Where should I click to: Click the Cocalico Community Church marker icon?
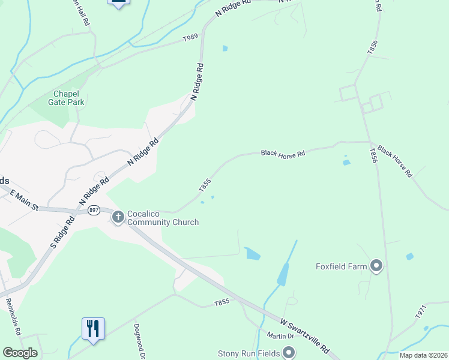coord(118,217)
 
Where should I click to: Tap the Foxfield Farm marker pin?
coord(376,266)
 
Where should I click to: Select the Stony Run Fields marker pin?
coord(289,352)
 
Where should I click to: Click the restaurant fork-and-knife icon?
coord(93,329)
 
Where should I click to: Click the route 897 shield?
coord(93,210)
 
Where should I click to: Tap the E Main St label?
coord(19,199)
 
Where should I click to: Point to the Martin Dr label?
coord(275,335)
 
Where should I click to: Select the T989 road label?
coord(190,38)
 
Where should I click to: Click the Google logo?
coord(20,352)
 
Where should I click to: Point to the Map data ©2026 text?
coord(423,355)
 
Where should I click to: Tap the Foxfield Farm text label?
coord(342,266)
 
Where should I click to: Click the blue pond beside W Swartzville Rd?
coord(253,254)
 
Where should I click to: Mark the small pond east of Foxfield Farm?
coord(409,256)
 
